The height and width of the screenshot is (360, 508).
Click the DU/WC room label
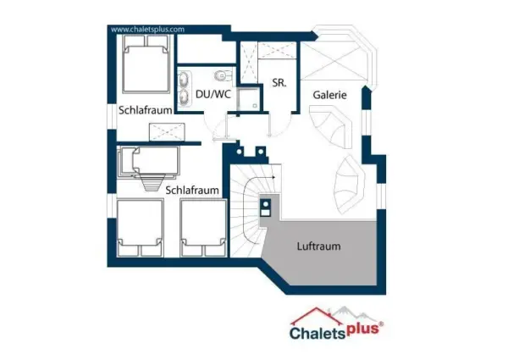(x=213, y=94)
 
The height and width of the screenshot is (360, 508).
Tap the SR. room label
(x=279, y=83)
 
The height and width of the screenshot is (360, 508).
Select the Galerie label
(x=330, y=95)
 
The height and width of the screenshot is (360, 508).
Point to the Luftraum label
(x=319, y=246)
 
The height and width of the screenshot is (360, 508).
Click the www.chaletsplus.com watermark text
(x=147, y=30)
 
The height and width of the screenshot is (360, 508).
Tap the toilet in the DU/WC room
(x=223, y=75)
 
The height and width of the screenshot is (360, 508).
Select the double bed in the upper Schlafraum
(x=146, y=64)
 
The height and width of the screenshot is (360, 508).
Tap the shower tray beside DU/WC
(x=248, y=98)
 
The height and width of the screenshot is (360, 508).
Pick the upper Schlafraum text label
(x=145, y=110)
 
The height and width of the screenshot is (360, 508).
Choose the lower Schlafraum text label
(x=192, y=191)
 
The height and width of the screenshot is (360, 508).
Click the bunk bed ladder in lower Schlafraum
(x=152, y=182)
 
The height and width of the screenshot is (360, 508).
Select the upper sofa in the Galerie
(x=330, y=125)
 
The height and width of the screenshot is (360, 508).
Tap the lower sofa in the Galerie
(x=350, y=184)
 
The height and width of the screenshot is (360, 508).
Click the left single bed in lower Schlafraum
(x=140, y=228)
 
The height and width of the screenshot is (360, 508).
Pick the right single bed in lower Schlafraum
(x=204, y=228)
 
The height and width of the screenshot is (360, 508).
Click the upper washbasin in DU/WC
(x=185, y=80)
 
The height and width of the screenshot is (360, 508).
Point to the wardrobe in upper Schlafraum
(x=167, y=132)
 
